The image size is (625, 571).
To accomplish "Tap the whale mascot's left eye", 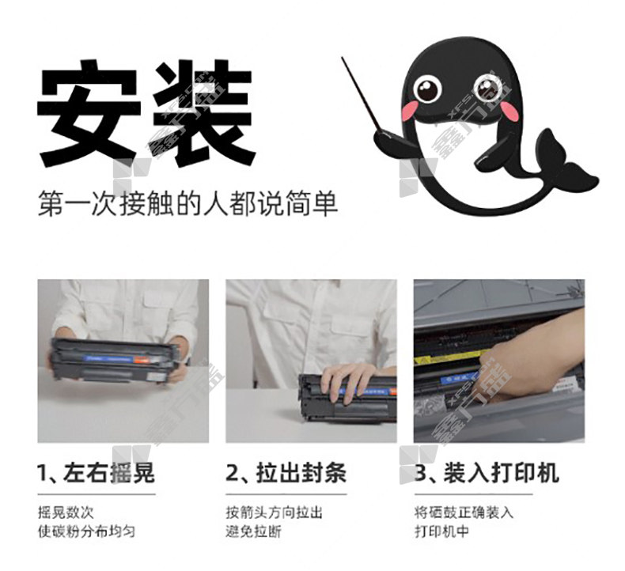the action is click(x=427, y=89).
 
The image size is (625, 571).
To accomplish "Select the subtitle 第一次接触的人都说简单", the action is click(x=187, y=204).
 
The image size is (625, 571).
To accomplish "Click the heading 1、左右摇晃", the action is click(x=96, y=473).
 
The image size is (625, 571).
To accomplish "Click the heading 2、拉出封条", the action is click(x=286, y=473).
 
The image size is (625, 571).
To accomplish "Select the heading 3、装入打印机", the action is click(x=486, y=473).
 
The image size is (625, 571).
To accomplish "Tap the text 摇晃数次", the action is click(x=66, y=512).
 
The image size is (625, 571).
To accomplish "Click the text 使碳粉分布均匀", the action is click(x=86, y=531).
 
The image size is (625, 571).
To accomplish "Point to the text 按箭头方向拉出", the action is click(x=274, y=512).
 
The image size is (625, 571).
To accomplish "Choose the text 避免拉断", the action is click(x=253, y=531).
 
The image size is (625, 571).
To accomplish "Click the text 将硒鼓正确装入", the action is click(x=464, y=512).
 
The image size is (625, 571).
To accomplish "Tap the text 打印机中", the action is click(x=441, y=531).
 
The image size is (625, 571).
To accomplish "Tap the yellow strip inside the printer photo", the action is click(x=450, y=357).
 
